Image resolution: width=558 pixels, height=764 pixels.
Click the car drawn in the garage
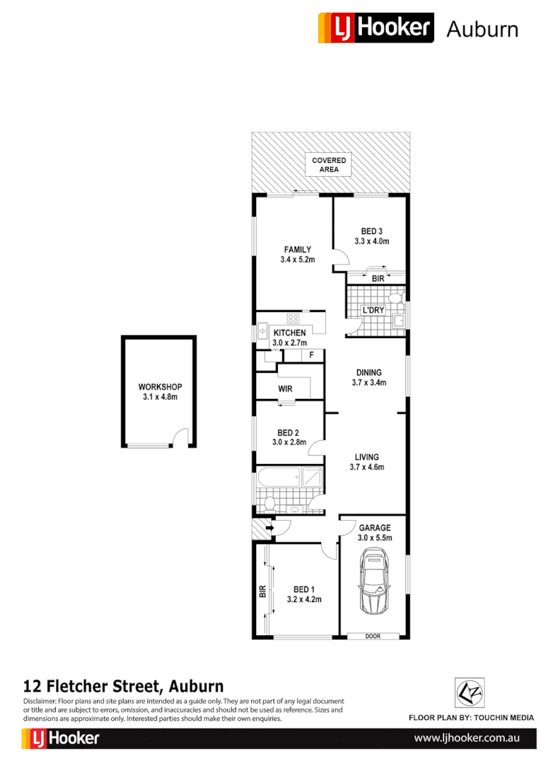click(373, 584)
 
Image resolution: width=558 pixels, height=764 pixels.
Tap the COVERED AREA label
click(329, 165)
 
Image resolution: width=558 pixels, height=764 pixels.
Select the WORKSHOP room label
click(160, 387)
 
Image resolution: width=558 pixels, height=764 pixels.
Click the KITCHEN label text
click(289, 333)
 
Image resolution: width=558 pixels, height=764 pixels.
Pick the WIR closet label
click(286, 389)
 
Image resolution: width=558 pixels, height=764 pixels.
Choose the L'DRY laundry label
click(373, 311)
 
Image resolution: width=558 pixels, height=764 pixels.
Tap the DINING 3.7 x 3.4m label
click(368, 378)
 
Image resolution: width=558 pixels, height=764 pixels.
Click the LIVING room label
click(366, 457)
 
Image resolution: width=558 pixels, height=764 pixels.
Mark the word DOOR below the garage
click(373, 636)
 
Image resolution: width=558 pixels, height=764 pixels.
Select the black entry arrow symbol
click(270, 527)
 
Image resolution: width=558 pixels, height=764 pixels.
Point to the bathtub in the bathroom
click(277, 476)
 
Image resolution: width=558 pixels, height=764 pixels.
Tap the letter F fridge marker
click(311, 354)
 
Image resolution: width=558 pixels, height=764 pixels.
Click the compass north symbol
click(467, 693)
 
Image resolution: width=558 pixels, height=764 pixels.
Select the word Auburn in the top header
click(482, 29)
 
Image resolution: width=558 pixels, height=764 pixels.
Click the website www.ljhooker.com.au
click(466, 738)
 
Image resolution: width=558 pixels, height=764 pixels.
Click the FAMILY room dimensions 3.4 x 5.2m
click(297, 260)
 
